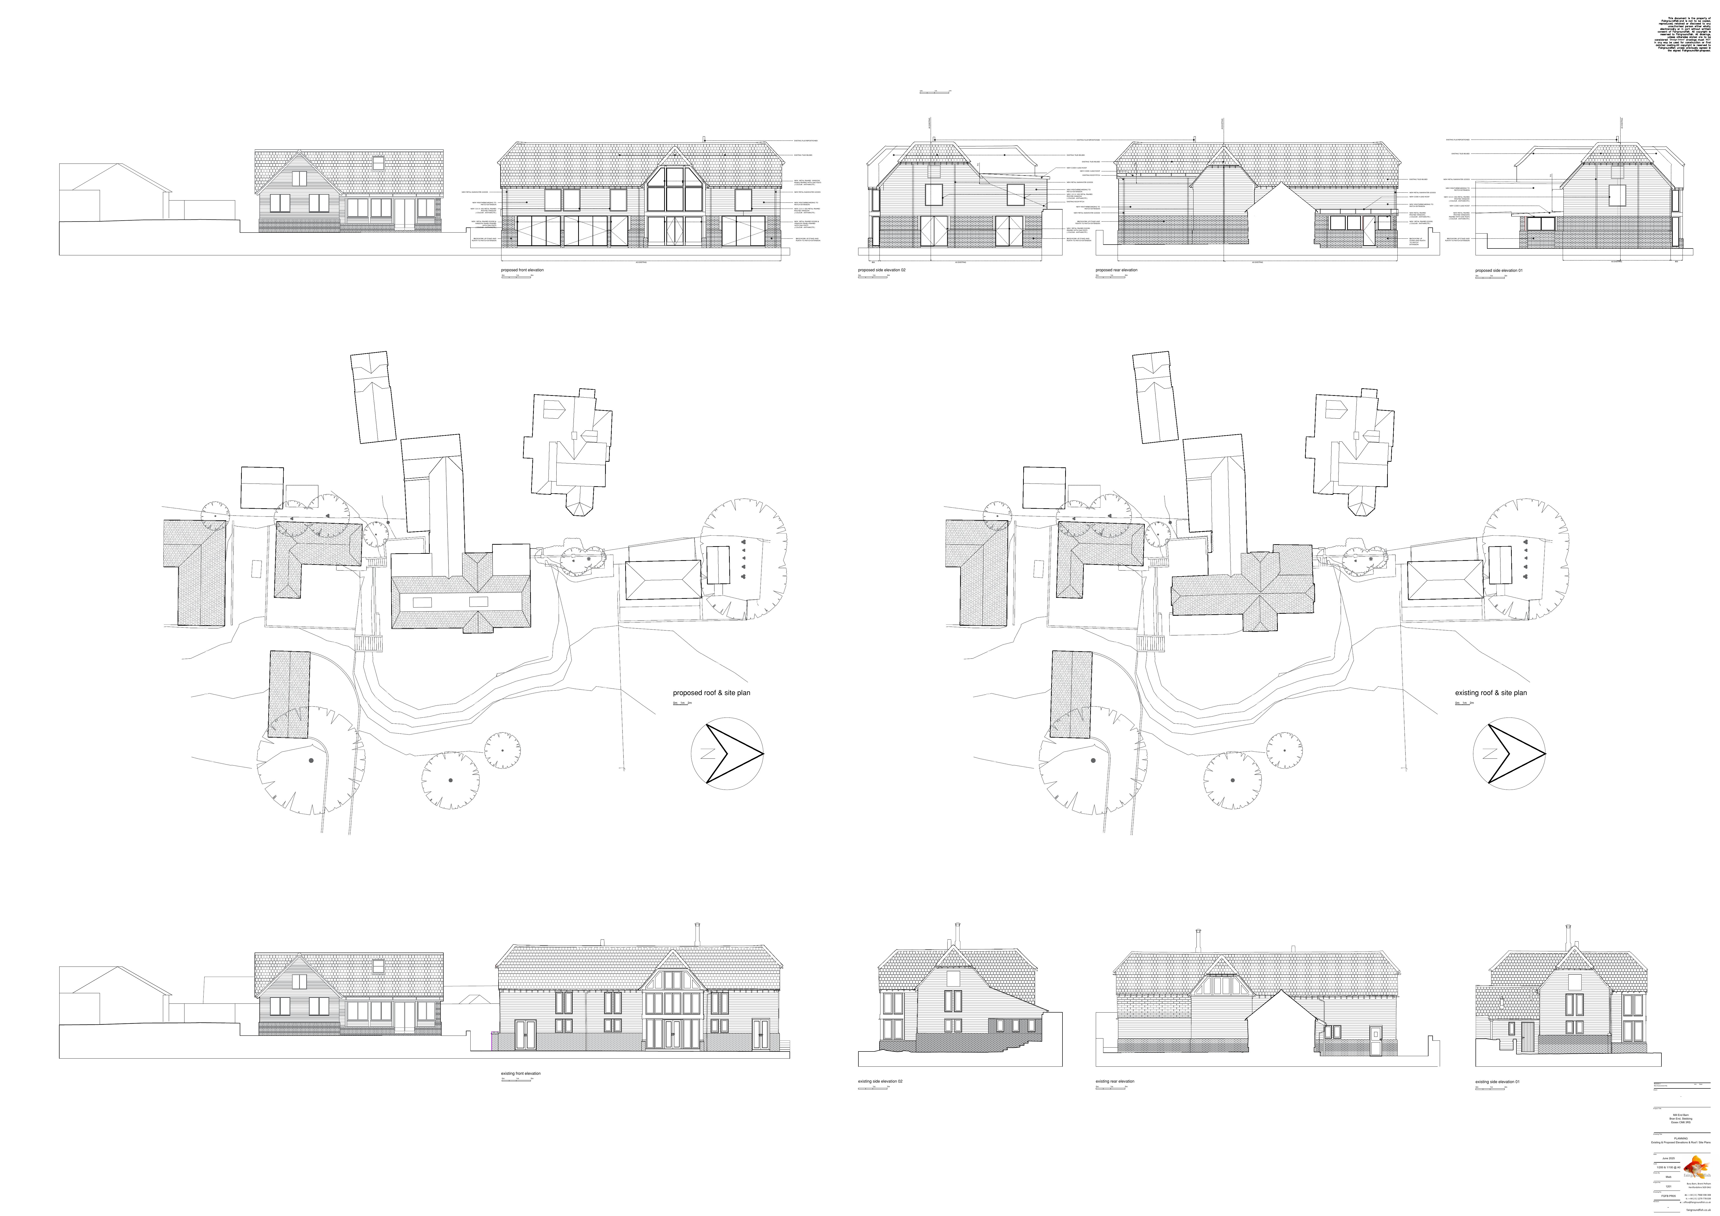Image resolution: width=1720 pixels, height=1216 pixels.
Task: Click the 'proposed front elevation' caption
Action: point(522,270)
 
